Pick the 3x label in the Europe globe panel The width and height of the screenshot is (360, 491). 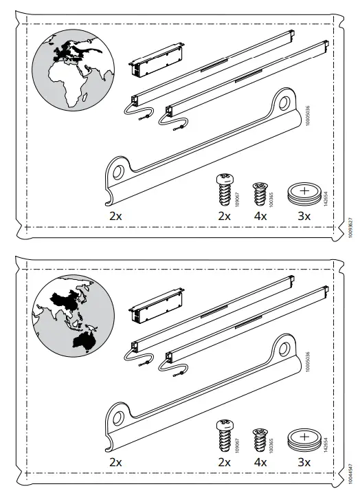click(304, 215)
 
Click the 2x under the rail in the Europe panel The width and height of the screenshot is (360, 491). click(115, 215)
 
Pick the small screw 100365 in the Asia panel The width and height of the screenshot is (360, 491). click(260, 437)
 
